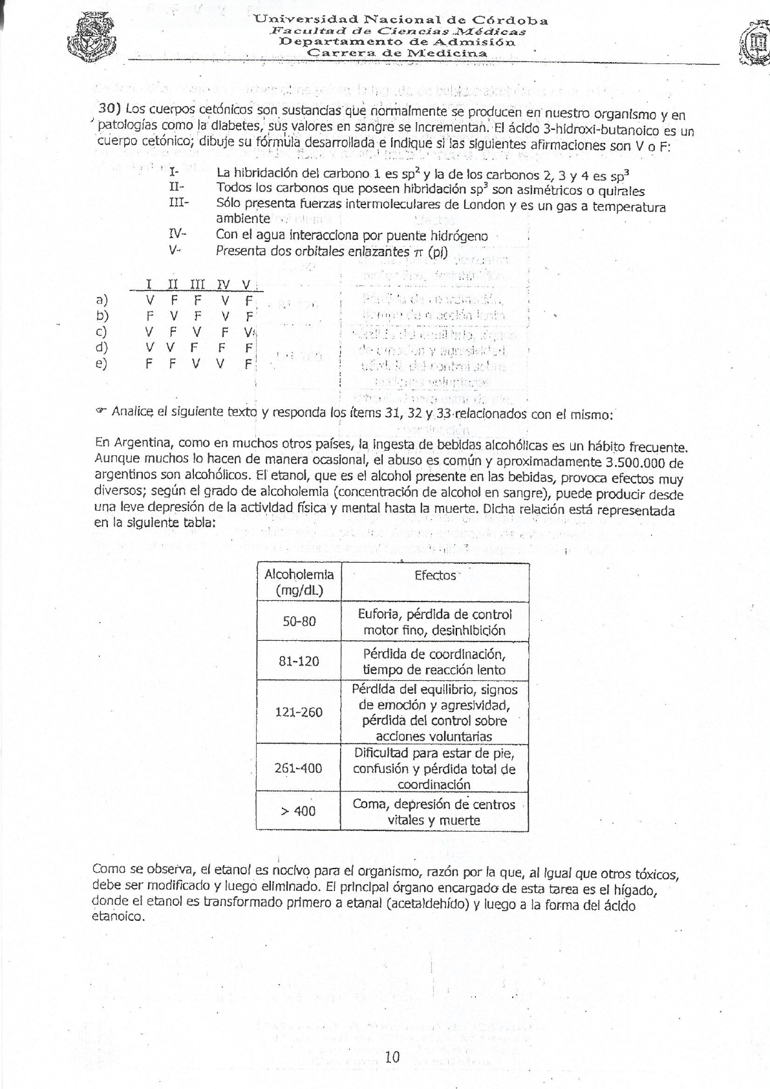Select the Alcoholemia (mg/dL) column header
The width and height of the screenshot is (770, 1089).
point(299,582)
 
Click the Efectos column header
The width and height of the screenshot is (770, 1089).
point(434,575)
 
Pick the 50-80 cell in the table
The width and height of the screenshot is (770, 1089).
point(299,621)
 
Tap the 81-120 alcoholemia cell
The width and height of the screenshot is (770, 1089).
point(299,661)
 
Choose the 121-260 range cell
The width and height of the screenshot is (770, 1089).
point(299,712)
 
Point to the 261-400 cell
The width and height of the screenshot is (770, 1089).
point(299,768)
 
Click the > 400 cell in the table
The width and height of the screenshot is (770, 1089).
point(299,811)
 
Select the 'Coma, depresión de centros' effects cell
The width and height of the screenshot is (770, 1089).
point(434,812)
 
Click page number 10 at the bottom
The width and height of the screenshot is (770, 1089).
point(392,1057)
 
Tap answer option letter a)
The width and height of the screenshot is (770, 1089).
point(102,300)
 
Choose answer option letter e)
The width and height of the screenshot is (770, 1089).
point(102,363)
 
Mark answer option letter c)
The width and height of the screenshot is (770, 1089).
point(102,332)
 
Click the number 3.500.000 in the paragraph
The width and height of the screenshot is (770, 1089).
point(635,462)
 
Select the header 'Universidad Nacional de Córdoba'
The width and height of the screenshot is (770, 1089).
point(401,20)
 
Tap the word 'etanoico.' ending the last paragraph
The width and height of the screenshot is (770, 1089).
point(118,917)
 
